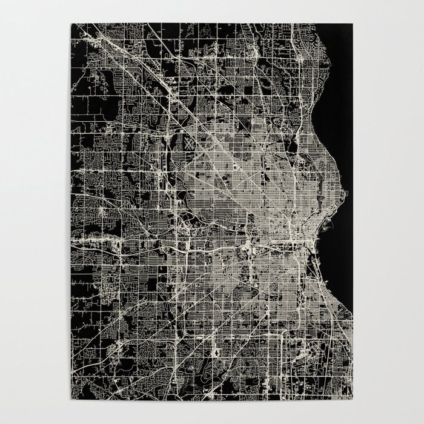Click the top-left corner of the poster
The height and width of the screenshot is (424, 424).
point(71,24)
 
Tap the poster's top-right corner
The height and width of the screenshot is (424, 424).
point(353,24)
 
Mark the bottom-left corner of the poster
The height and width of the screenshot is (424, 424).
point(71,400)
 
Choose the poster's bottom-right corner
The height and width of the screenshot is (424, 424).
point(353,400)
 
